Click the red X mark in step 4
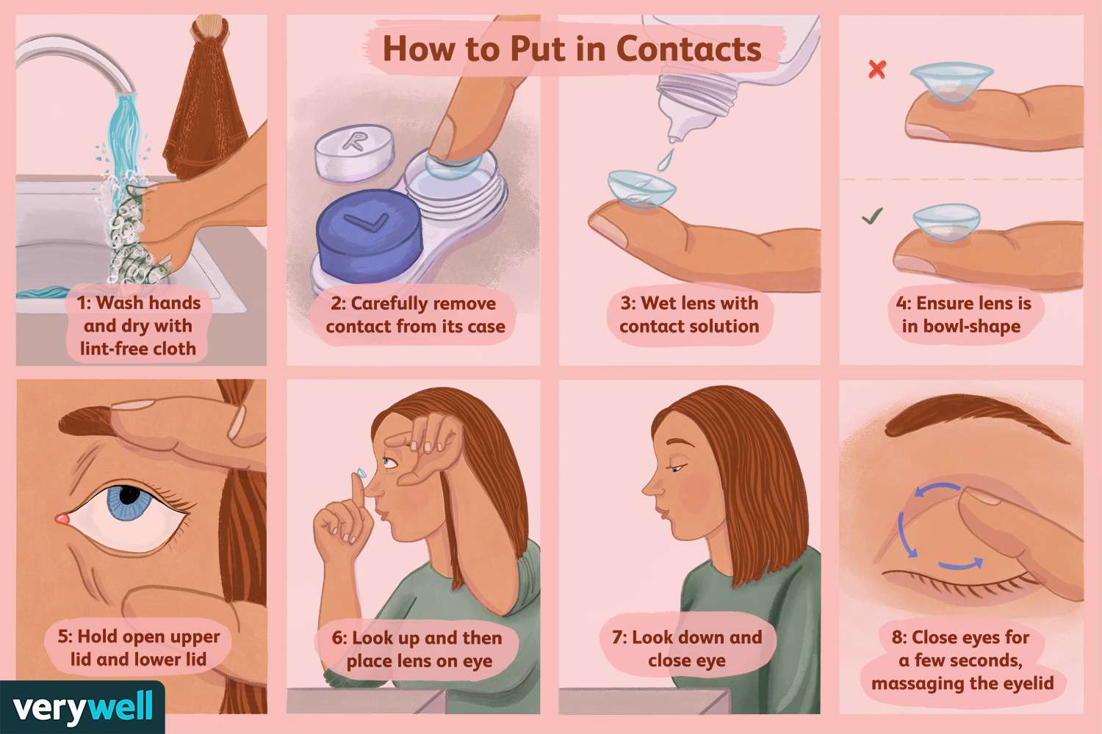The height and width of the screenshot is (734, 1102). click(876, 69)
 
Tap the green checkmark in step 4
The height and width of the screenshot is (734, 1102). click(872, 217)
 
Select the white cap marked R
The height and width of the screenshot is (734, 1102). click(353, 150)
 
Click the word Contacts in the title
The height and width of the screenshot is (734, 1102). click(688, 49)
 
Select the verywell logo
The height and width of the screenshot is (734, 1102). click(82, 708)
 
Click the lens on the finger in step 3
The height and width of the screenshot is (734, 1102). click(641, 188)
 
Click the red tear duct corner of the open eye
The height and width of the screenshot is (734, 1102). click(62, 520)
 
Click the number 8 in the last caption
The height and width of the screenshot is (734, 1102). click(898, 637)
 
